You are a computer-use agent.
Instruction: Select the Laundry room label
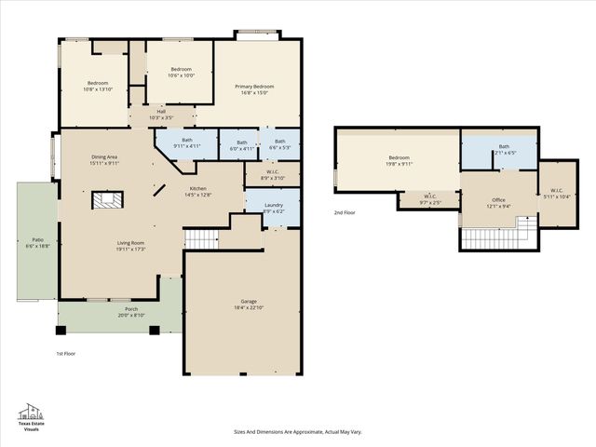tap(274, 205)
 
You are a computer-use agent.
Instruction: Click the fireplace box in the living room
tap(105, 200)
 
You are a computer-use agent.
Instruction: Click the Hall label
tap(162, 112)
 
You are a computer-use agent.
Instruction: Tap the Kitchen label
tap(198, 188)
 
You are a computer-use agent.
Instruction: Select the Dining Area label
tap(104, 157)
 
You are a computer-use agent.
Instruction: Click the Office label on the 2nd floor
tap(499, 200)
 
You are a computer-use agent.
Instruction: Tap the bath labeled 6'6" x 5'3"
tap(280, 142)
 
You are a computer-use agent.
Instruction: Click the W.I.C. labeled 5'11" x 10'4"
tap(555, 191)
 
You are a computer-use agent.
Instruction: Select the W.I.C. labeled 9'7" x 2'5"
tap(430, 196)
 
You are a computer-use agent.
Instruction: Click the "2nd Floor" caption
tap(345, 213)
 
